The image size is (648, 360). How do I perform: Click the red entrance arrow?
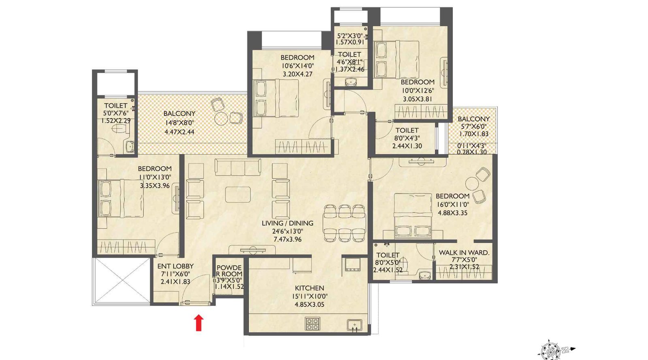click(x=198, y=323)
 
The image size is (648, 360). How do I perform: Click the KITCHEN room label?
click(x=309, y=288)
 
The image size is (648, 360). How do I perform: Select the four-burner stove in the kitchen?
click(x=313, y=323)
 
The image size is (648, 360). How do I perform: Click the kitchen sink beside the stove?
click(x=354, y=325)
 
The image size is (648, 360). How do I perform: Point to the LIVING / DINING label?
click(x=287, y=223)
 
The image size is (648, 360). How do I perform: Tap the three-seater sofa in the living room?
click(x=238, y=167)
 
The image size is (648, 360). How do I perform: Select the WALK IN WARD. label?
click(x=464, y=252)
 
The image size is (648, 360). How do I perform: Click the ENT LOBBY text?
click(x=175, y=266)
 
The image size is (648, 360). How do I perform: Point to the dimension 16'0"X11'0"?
click(x=452, y=204)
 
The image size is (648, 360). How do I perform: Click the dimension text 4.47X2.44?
click(x=179, y=132)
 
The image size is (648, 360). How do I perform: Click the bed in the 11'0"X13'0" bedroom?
click(x=122, y=198)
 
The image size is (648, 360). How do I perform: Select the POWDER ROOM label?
click(x=229, y=271)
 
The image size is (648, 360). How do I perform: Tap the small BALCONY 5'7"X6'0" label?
click(x=473, y=119)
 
